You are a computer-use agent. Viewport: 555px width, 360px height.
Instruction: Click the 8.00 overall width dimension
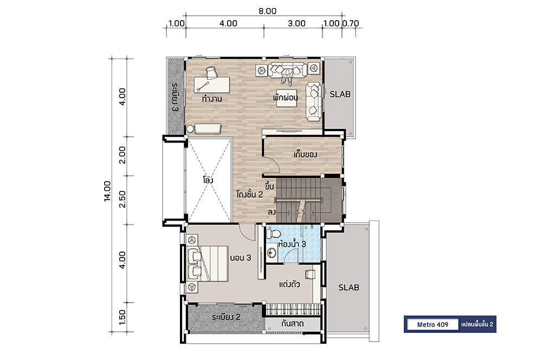click(267, 11)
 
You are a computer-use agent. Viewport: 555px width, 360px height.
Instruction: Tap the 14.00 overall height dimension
click(107, 191)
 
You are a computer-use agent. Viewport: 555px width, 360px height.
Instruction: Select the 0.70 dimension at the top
click(351, 23)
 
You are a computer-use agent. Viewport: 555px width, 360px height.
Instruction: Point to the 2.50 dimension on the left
click(122, 199)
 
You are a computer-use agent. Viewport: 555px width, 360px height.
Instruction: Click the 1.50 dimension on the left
click(122, 317)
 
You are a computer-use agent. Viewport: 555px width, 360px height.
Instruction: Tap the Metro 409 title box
click(433, 325)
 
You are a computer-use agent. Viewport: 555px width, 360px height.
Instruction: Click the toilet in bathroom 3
click(273, 234)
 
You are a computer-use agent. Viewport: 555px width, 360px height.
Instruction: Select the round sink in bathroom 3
click(272, 253)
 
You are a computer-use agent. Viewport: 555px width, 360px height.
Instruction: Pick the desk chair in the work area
click(211, 73)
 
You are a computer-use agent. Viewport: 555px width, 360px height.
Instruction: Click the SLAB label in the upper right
click(340, 94)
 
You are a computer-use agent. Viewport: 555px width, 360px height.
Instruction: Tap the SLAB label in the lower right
click(349, 287)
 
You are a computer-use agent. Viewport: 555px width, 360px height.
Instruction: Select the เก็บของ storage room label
click(305, 155)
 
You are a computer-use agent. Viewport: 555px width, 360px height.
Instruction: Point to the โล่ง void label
click(208, 180)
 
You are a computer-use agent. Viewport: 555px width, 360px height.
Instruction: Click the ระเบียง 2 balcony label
click(226, 317)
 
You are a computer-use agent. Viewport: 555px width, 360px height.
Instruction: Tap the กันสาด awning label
click(292, 324)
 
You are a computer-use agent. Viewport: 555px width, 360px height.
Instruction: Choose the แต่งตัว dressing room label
click(289, 284)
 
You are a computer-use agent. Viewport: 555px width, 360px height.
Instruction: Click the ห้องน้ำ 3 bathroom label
click(292, 244)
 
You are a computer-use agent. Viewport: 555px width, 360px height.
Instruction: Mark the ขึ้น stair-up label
click(269, 185)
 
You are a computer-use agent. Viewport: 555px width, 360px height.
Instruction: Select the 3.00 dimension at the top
click(296, 23)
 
